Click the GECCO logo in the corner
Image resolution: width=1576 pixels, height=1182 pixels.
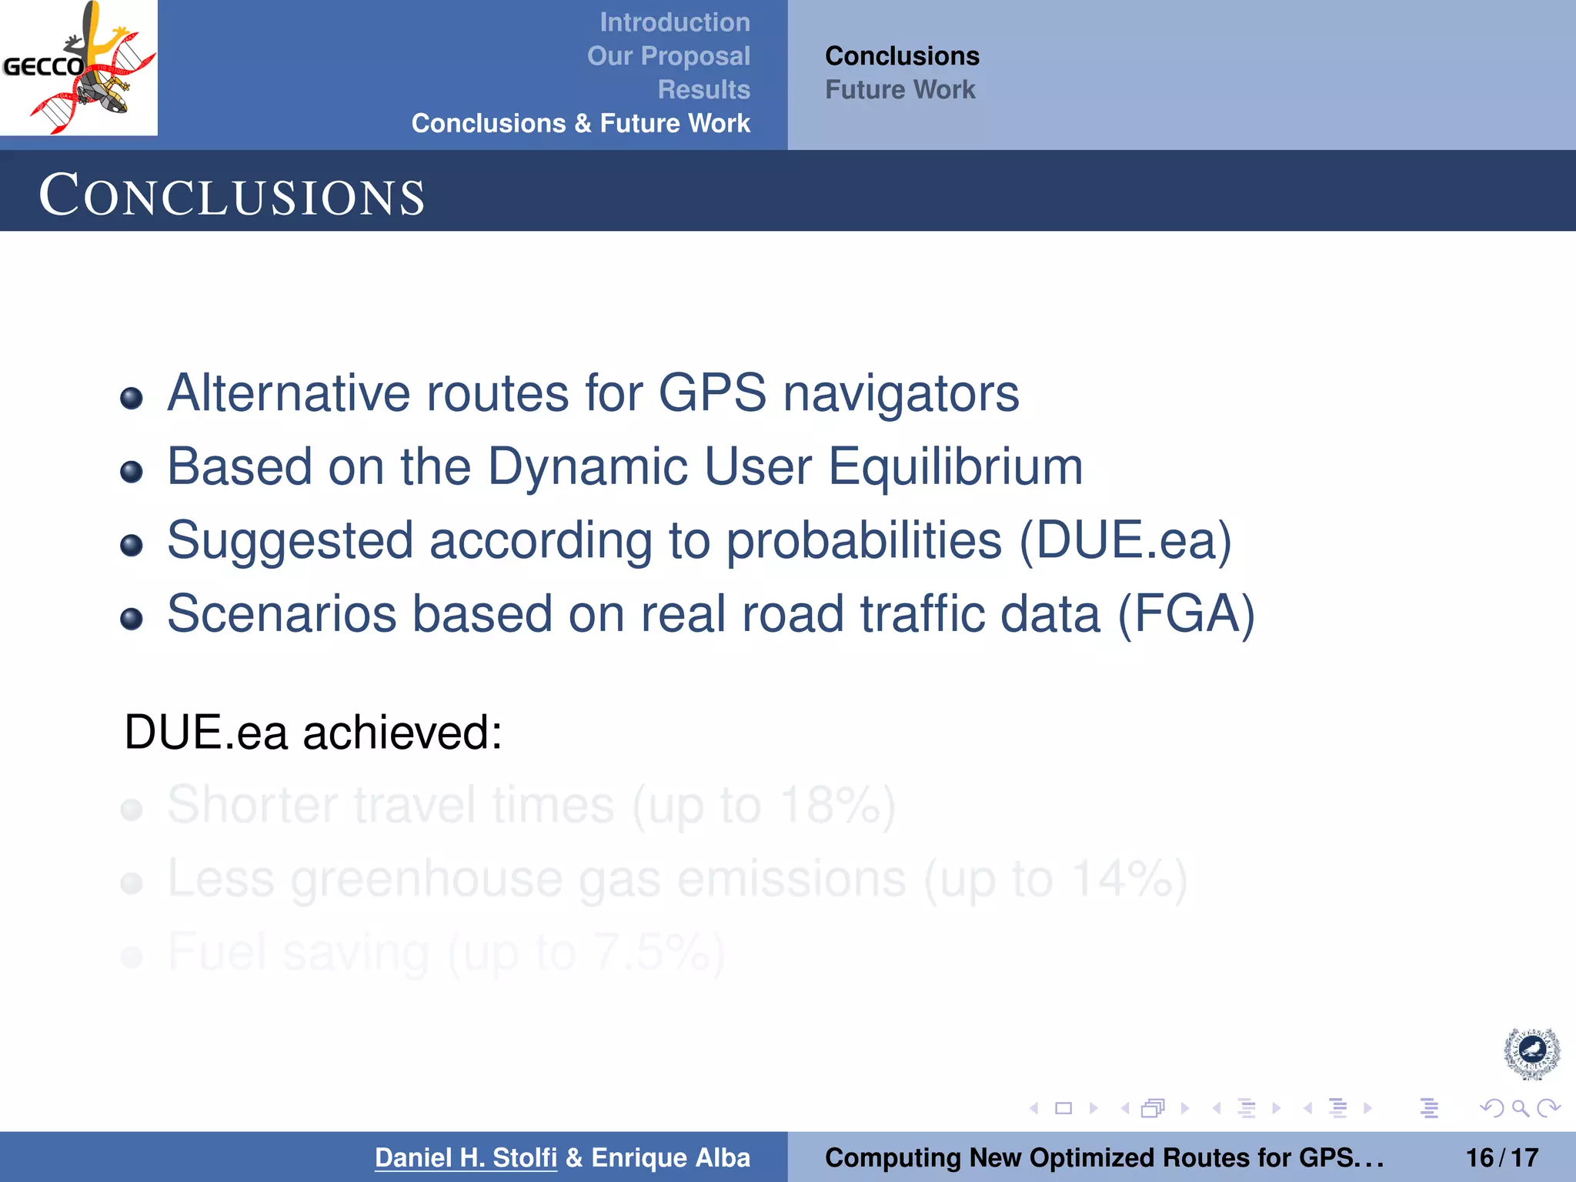(78, 68)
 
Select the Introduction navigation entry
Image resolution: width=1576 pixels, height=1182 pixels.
(674, 22)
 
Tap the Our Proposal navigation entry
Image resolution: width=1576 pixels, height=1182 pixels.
(668, 56)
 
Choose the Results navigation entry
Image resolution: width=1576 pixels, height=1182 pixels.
(703, 90)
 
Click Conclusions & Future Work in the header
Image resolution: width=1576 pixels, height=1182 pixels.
(580, 123)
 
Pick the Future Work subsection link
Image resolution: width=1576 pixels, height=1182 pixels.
(900, 90)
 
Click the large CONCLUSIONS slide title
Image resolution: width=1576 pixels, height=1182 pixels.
(232, 195)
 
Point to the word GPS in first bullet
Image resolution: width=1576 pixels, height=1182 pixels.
(712, 393)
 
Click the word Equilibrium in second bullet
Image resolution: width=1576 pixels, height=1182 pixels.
(955, 466)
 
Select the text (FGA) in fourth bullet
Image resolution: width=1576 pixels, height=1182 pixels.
(1185, 614)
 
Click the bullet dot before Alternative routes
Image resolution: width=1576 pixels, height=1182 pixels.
(132, 398)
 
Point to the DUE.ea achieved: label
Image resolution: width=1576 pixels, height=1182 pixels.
(312, 732)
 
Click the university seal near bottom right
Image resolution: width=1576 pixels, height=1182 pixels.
(1531, 1053)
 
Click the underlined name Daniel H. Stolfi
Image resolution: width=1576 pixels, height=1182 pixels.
(466, 1157)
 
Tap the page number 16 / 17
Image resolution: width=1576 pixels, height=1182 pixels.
(1501, 1157)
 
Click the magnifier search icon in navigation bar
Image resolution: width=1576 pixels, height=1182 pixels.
(1520, 1108)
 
